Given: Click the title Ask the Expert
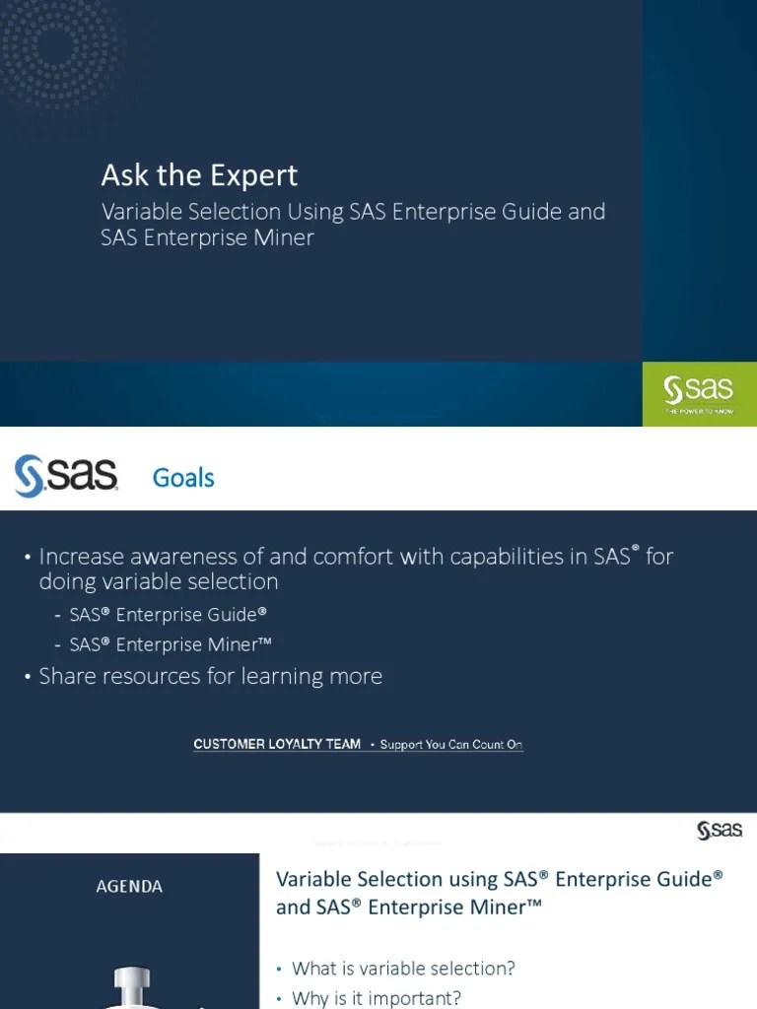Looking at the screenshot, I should coord(199,175).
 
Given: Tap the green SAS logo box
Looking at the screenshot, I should coord(700,394).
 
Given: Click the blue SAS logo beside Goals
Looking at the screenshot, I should coord(66,477).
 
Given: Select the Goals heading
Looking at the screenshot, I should coord(183,478).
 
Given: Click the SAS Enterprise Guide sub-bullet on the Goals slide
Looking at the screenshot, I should coord(169,614).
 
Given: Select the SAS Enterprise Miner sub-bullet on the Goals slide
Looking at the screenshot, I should coord(171,644).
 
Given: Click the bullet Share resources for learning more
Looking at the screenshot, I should coord(210,676).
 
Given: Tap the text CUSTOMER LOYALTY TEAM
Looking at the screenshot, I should coord(277,745).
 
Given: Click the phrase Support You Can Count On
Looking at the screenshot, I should coord(450,745).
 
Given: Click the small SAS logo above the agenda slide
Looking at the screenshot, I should coord(720,831).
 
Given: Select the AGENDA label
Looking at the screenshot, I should coord(129,886).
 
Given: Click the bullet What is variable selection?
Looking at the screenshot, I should coord(403,968).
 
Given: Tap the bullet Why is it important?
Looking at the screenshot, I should coord(377,997).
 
